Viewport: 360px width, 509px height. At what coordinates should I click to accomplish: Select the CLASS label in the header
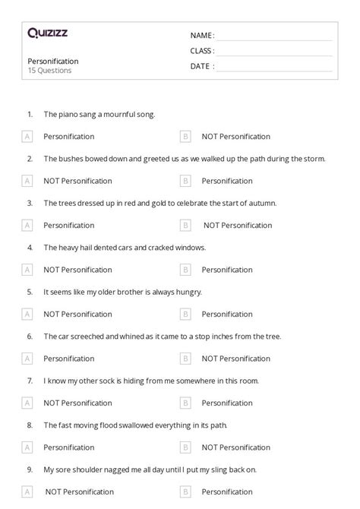coord(201,51)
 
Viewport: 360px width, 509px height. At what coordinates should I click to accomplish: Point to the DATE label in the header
coord(201,66)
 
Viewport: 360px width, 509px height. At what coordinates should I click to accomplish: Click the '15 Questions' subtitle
coord(49,71)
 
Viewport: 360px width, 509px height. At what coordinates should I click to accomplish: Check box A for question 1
coord(27,137)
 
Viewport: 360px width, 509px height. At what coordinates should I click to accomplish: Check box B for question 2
coord(185,181)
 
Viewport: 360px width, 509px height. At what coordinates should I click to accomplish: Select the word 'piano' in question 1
coord(68,115)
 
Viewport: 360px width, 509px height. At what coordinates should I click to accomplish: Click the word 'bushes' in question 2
coord(70,159)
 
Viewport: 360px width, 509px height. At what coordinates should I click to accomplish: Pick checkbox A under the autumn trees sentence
coord(27,226)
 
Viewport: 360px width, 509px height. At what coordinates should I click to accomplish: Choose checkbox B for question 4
coord(185,270)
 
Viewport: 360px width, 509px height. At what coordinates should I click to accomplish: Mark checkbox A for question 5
coord(27,314)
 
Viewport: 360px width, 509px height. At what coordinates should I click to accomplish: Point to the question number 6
coord(30,336)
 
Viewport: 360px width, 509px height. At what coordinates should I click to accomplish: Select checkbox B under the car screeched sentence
coord(185,359)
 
